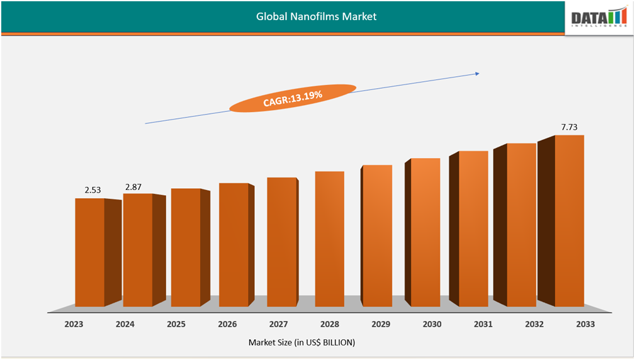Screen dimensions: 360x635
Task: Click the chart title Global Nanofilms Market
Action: point(316,16)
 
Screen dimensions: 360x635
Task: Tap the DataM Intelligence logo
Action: point(599,18)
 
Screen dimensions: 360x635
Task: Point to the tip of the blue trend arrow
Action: point(479,74)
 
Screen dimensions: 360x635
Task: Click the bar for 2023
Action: point(90,252)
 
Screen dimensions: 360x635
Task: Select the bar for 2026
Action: point(233,244)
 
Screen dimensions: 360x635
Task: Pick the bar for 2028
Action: point(329,239)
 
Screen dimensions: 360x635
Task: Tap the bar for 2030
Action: point(425,232)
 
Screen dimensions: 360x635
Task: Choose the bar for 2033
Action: point(569,220)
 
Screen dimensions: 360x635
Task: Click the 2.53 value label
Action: point(93,189)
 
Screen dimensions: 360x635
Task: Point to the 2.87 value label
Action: point(135,187)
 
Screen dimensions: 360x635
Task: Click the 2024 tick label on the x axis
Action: point(125,324)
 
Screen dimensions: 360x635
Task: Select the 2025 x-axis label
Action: point(176,324)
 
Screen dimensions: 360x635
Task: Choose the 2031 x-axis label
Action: point(483,324)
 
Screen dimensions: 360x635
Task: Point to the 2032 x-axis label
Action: point(534,324)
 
